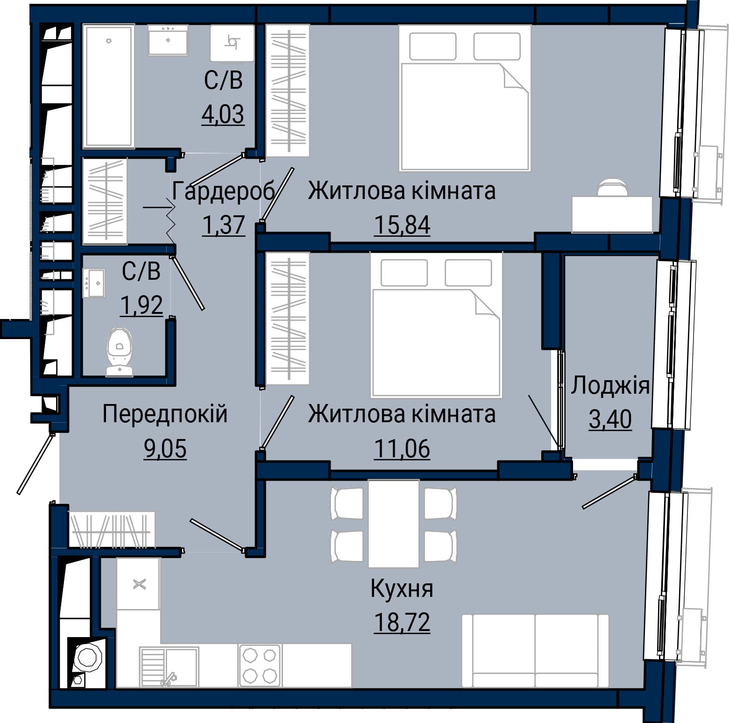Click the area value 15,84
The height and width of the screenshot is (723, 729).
click(402, 225)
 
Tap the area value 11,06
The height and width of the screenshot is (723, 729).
click(402, 448)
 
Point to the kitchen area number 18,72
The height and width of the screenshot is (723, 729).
click(402, 622)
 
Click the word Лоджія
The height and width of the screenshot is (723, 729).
click(610, 386)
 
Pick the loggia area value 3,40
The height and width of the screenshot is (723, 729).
click(610, 419)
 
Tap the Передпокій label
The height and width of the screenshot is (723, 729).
click(165, 414)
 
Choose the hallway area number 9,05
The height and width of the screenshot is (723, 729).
click(165, 449)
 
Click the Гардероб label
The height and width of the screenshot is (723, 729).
click(223, 191)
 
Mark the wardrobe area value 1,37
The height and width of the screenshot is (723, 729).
click(224, 225)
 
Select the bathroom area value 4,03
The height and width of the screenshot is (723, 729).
click(223, 114)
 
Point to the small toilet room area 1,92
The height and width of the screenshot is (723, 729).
click(142, 305)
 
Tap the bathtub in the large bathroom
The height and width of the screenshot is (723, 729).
click(108, 86)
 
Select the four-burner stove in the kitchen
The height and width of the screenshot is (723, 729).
click(260, 666)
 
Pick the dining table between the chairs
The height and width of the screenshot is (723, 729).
click(393, 523)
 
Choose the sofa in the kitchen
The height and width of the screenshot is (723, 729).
click(535, 651)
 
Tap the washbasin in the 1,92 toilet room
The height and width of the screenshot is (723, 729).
click(94, 283)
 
